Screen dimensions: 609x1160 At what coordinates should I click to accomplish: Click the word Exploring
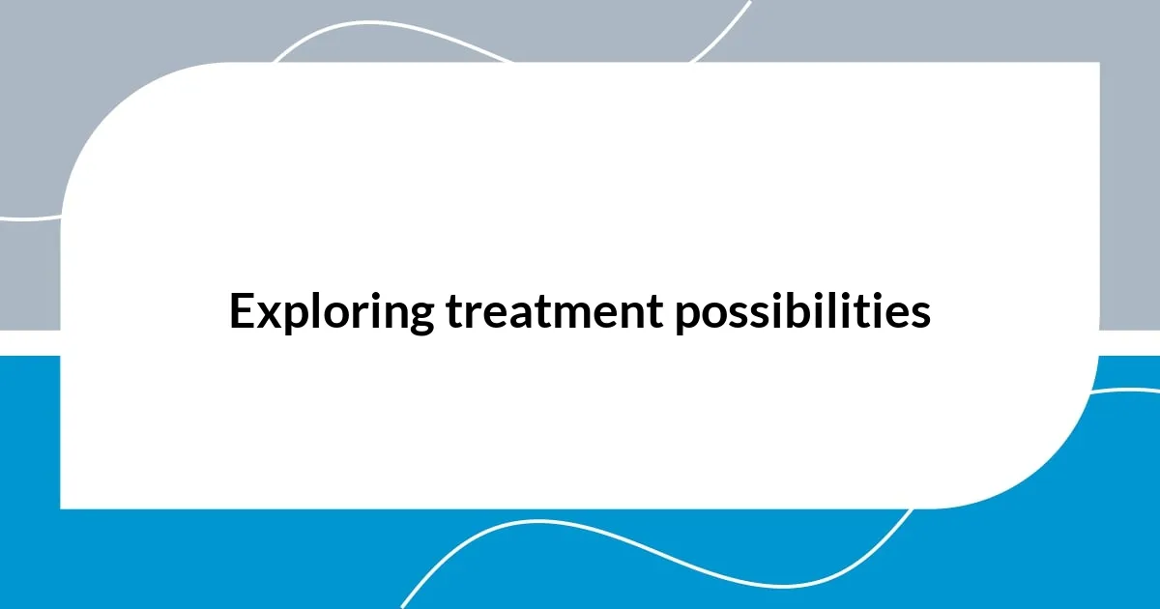pos(333,312)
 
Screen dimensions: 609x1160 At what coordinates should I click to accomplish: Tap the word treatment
pos(555,312)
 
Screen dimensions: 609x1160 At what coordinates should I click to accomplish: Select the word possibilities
pos(803,312)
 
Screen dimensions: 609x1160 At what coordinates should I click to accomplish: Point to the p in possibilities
pos(688,320)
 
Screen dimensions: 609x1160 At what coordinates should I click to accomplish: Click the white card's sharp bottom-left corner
pos(62,507)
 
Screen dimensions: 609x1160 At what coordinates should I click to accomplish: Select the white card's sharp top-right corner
pos(1098,64)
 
